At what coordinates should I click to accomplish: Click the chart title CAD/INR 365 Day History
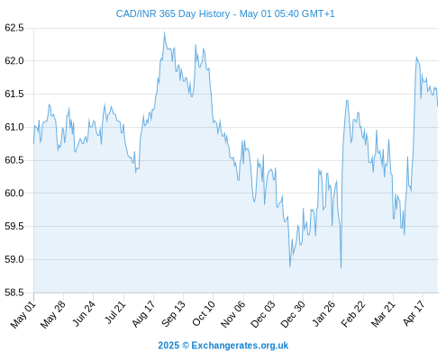pos(173,13)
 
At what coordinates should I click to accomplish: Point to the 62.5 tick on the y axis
pos(14,28)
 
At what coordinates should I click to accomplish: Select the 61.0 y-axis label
pos(14,127)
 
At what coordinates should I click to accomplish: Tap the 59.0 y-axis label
pos(14,259)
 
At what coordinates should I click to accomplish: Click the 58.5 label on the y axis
pos(14,292)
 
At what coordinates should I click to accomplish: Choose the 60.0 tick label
pos(14,193)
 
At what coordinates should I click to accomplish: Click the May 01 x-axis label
pos(23,315)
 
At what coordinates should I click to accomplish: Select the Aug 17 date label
pos(144,314)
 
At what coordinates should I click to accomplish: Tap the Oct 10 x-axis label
pos(205,313)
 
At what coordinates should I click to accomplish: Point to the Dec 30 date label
pos(293,314)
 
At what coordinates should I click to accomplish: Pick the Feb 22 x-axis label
pos(354,314)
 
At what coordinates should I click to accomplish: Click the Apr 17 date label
pos(414,313)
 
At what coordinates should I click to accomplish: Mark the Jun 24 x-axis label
pos(84,314)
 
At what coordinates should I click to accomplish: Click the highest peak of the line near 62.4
pos(164,32)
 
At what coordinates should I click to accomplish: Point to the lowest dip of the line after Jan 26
pos(341,268)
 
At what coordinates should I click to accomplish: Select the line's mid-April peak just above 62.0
pos(416,57)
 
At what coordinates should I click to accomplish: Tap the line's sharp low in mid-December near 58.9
pos(290,266)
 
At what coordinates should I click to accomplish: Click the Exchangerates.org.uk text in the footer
pos(240,346)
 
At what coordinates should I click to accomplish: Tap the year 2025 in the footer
pos(168,346)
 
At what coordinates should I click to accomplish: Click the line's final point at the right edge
pos(438,106)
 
